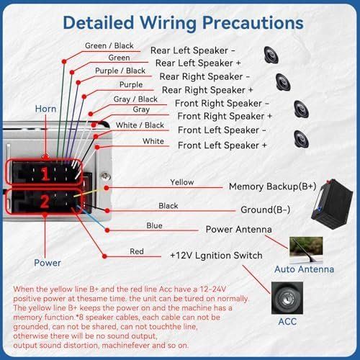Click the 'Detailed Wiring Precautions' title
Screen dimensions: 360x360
click(183, 23)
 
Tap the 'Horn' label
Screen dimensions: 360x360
click(45, 109)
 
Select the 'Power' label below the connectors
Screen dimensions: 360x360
click(48, 263)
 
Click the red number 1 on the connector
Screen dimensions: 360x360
click(45, 174)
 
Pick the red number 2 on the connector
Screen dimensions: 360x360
click(45, 202)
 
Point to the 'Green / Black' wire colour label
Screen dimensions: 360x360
click(109, 45)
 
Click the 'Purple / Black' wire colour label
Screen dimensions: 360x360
click(120, 71)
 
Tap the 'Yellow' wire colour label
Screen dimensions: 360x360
click(182, 182)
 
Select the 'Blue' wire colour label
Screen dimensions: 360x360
click(154, 225)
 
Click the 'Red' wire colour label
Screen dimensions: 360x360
click(137, 251)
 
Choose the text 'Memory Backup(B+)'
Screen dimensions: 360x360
click(272, 186)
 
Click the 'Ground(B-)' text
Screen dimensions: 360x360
click(265, 210)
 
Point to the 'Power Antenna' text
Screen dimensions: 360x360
click(238, 229)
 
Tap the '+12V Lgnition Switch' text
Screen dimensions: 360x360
click(216, 256)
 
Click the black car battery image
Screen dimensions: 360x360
click(332, 204)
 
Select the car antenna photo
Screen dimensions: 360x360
click(306, 250)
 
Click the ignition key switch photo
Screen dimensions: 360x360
click(287, 298)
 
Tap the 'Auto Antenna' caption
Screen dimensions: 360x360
click(304, 269)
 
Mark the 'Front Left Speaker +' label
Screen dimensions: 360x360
click(222, 145)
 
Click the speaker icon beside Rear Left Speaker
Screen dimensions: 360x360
click(271, 55)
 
